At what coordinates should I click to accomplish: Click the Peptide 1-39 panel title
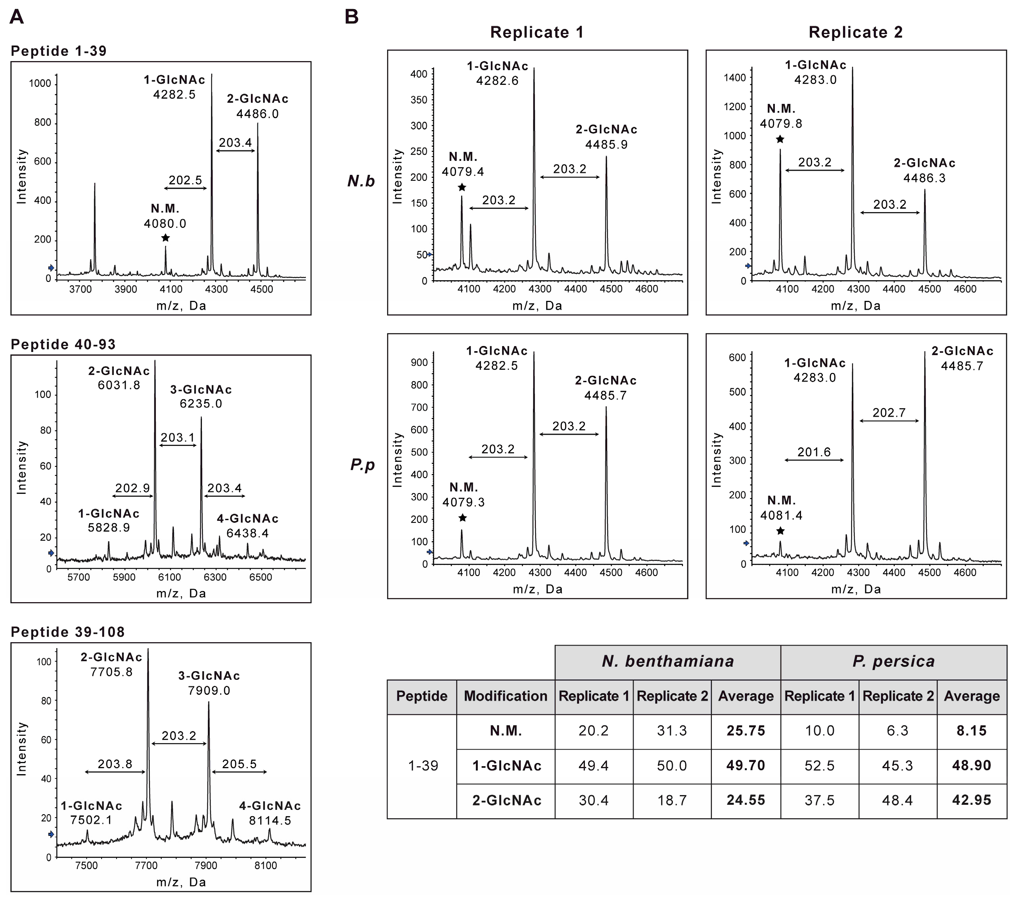(59, 51)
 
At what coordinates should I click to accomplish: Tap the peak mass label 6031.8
(119, 385)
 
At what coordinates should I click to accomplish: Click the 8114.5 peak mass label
(270, 821)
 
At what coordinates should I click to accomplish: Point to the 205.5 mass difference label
(239, 764)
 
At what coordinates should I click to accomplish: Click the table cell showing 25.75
(746, 731)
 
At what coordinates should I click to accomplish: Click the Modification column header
(506, 696)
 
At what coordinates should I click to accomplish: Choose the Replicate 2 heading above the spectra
(855, 32)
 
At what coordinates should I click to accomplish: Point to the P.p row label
(362, 465)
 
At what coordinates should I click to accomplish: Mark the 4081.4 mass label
(781, 516)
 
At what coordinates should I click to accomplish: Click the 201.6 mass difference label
(814, 452)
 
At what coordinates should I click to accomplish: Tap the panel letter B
(351, 17)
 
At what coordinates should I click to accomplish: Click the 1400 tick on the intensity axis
(735, 78)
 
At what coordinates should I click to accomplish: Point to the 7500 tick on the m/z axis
(86, 866)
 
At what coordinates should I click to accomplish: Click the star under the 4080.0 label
(165, 238)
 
